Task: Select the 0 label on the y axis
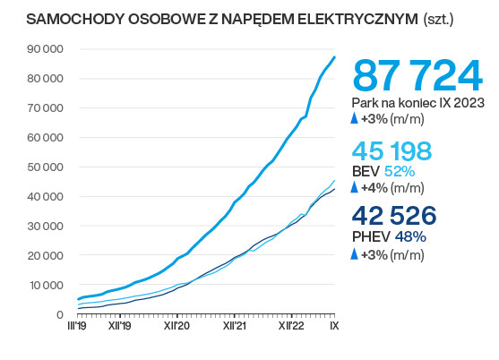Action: pos(58,314)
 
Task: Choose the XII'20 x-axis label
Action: pos(176,328)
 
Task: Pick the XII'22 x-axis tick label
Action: pos(292,328)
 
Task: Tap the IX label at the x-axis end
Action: pos(333,328)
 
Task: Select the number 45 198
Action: pos(392,151)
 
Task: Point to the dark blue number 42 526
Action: pos(394,217)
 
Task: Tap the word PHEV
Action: pos(371,237)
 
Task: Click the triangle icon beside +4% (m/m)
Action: pos(355,188)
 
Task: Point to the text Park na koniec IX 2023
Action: pos(418,103)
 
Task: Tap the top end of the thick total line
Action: pos(334,57)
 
